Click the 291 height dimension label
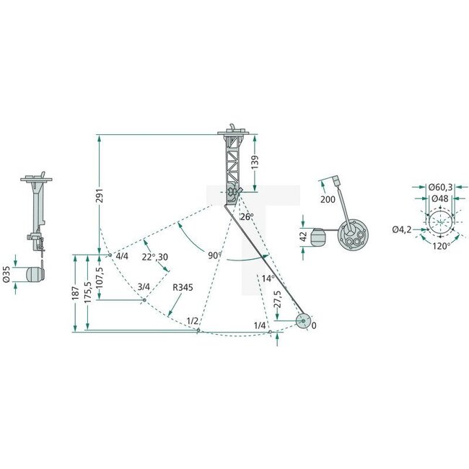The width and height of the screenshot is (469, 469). click(x=100, y=196)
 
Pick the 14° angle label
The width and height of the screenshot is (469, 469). click(x=266, y=278)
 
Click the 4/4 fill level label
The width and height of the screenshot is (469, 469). click(x=120, y=256)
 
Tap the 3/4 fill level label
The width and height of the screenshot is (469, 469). click(x=144, y=287)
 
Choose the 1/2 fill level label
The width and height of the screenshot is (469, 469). click(x=192, y=320)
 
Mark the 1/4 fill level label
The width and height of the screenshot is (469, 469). click(x=260, y=326)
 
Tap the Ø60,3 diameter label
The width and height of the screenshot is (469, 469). click(x=441, y=188)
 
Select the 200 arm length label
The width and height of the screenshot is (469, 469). click(x=326, y=198)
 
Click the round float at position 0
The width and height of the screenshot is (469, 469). click(x=302, y=321)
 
